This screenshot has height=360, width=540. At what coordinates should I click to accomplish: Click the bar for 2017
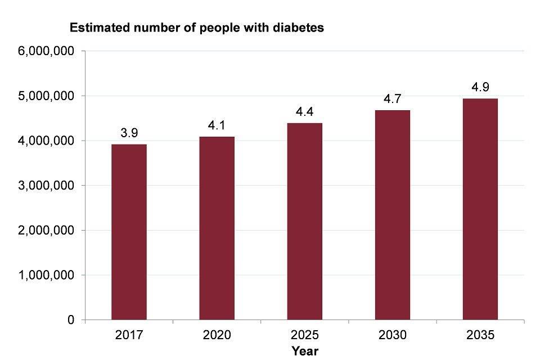point(129,232)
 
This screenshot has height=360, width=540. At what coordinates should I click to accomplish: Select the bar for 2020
point(217,228)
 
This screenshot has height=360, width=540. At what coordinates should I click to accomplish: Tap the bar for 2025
point(304,221)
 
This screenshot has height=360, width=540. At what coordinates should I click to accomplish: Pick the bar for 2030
point(392,215)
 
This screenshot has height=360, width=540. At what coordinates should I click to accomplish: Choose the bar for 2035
point(480,209)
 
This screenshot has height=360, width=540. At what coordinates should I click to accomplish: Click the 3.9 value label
point(129,133)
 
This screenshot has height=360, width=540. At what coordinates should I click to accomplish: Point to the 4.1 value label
point(217,125)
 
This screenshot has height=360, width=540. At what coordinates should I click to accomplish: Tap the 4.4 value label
point(304,112)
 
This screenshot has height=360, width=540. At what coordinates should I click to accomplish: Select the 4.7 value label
point(392,100)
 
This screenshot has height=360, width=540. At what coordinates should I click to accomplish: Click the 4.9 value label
point(480,87)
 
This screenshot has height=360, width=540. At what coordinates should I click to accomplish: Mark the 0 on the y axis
point(71,320)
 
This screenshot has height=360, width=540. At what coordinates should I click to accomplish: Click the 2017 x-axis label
point(129,335)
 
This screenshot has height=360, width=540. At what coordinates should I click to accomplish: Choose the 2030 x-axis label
point(392,335)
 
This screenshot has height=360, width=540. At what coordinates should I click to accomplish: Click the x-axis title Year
point(305,351)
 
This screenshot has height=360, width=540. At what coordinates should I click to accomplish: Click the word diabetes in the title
point(300,27)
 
